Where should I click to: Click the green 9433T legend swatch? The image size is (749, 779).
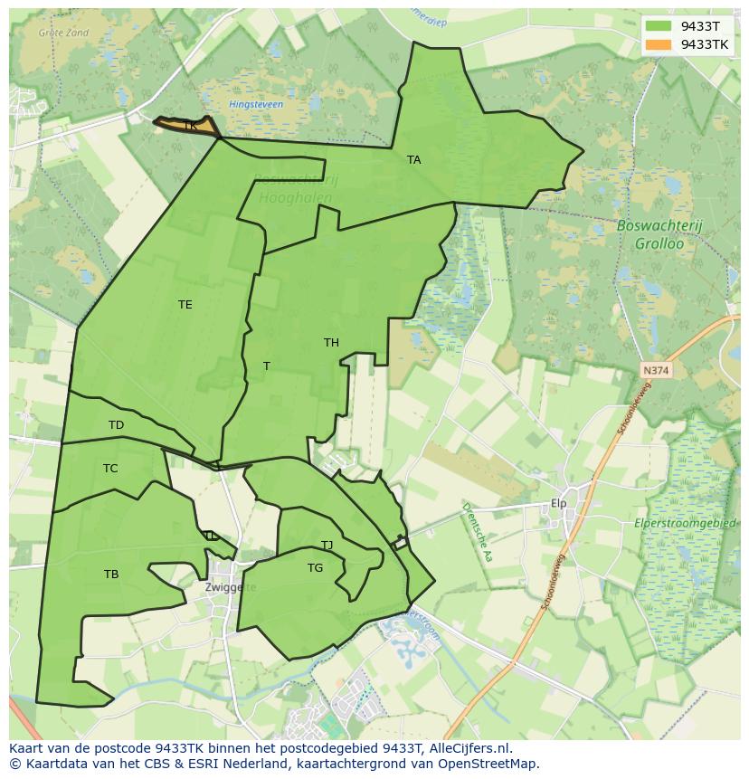point(659,25)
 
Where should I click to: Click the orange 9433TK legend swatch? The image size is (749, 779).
point(659,44)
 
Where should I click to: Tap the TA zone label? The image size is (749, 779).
point(413,160)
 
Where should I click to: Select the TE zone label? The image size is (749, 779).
point(185,305)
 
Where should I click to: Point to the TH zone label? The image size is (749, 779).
point(331,343)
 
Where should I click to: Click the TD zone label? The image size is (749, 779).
point(116,425)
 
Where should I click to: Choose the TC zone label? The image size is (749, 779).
point(110,469)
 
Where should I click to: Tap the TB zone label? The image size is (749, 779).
point(111,575)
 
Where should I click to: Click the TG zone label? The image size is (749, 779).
point(315,568)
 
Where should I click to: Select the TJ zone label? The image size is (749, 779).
point(327,546)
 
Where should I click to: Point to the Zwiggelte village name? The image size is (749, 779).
point(231,587)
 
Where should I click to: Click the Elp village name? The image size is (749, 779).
point(558,504)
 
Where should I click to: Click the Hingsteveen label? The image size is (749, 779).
point(256,105)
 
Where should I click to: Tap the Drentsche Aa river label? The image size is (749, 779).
point(476,532)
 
